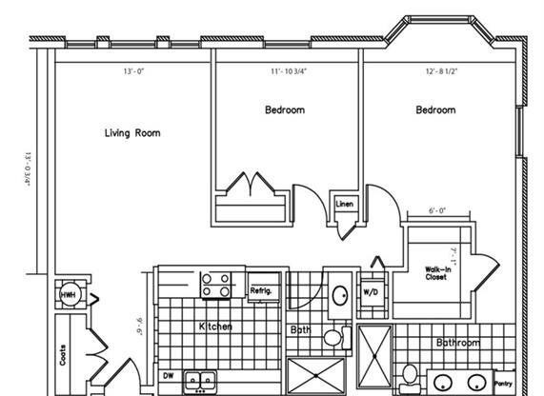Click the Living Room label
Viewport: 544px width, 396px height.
point(132,133)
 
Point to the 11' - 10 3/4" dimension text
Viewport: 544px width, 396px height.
point(288,71)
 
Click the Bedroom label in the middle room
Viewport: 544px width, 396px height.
point(285,110)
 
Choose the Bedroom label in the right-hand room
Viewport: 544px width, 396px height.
point(435,110)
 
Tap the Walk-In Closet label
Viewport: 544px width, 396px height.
point(438,275)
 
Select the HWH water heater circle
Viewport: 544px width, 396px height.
point(69,296)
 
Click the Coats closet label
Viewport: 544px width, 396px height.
point(64,356)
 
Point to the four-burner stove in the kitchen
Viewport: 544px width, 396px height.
point(216,285)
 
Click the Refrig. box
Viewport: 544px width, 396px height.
point(262,289)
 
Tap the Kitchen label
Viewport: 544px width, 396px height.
point(215,327)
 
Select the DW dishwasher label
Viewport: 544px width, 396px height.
point(168,376)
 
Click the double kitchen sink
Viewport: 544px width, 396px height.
point(200,378)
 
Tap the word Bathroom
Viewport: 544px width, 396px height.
point(458,342)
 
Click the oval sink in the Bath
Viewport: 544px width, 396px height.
point(339,295)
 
